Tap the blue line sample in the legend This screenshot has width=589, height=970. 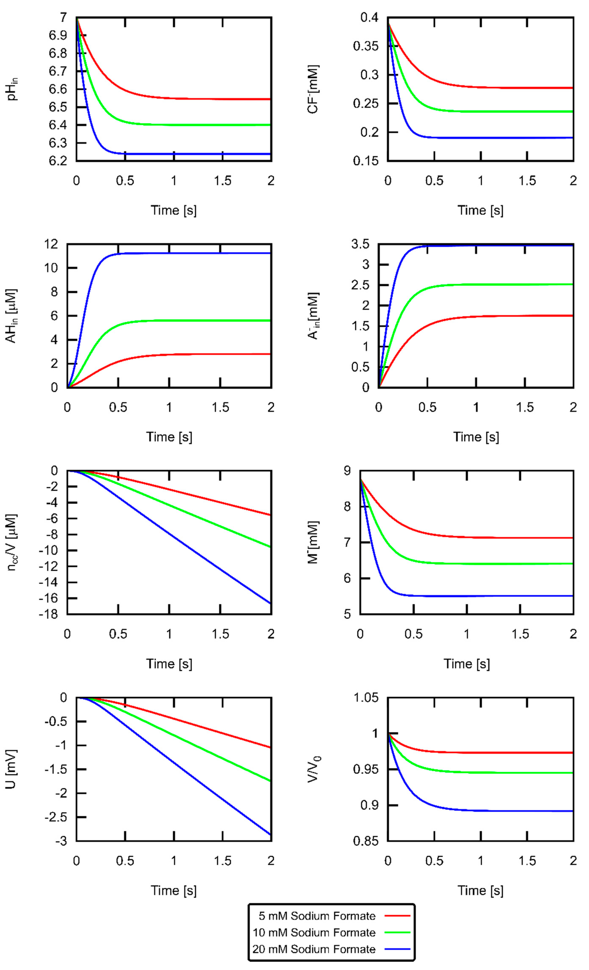click(x=397, y=949)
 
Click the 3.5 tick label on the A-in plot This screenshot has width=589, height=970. click(x=360, y=245)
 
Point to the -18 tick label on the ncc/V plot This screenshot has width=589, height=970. click(x=48, y=614)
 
